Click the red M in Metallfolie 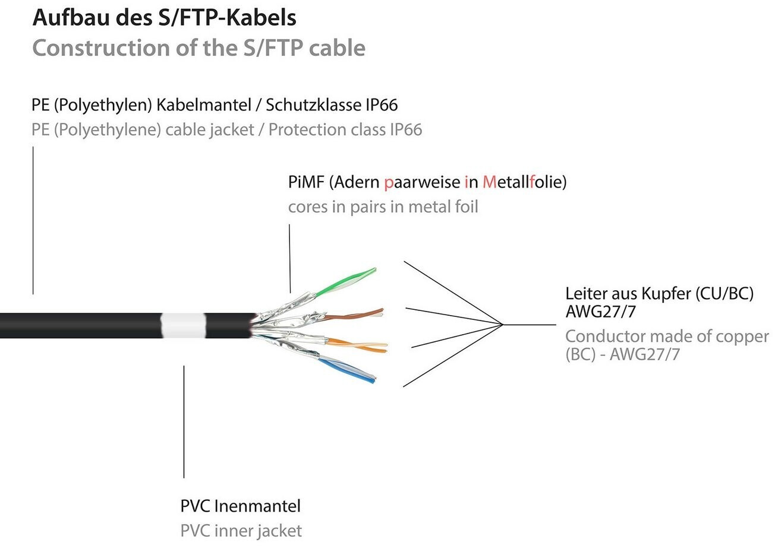[489, 182]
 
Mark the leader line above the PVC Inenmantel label [184, 421]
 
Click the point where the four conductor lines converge [503, 325]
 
